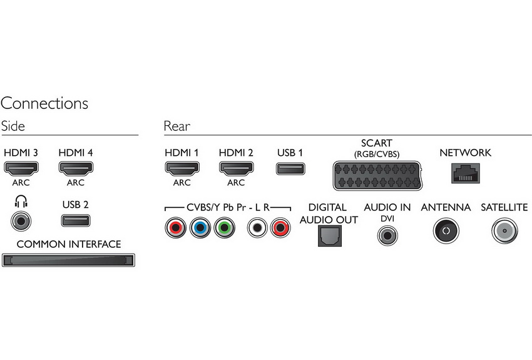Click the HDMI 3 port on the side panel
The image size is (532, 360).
(x=21, y=168)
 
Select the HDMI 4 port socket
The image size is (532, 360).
(x=76, y=168)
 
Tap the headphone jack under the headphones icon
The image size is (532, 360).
(x=21, y=221)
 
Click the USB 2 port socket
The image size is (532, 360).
(x=76, y=220)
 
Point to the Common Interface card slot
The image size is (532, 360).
(x=69, y=260)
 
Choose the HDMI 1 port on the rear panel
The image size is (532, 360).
(x=182, y=168)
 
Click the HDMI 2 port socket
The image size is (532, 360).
(x=236, y=168)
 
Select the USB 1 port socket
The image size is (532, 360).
(x=290, y=168)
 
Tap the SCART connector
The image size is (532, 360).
(x=377, y=175)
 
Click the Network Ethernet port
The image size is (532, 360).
(x=466, y=173)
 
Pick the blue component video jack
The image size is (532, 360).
(x=200, y=227)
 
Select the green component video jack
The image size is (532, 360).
(x=224, y=227)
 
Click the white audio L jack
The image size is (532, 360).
(x=257, y=227)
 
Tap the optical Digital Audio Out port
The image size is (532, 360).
(x=330, y=236)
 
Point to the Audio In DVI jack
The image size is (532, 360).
(x=387, y=235)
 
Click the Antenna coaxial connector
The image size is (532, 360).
(x=446, y=231)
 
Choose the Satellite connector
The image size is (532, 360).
(x=504, y=231)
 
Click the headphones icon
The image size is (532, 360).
(x=21, y=202)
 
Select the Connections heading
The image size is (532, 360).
(x=44, y=103)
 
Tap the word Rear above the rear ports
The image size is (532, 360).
(x=176, y=126)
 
